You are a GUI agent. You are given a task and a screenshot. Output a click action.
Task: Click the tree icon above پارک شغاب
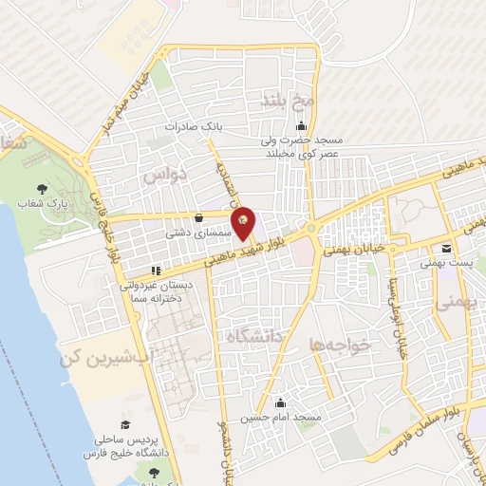click(40, 189)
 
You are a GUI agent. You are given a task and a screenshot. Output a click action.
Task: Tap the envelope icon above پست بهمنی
click(446, 249)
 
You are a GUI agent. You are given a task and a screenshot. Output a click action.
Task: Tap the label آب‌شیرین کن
click(93, 357)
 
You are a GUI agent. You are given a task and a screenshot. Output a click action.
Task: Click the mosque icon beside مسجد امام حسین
click(279, 402)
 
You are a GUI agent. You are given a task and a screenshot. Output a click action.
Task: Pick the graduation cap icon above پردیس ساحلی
click(123, 424)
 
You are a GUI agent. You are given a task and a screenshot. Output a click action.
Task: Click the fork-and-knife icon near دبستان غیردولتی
click(155, 270)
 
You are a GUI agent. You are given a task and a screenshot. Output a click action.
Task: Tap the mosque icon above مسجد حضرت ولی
click(302, 127)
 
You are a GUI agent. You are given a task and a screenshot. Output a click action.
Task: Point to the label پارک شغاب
click(39, 204)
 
